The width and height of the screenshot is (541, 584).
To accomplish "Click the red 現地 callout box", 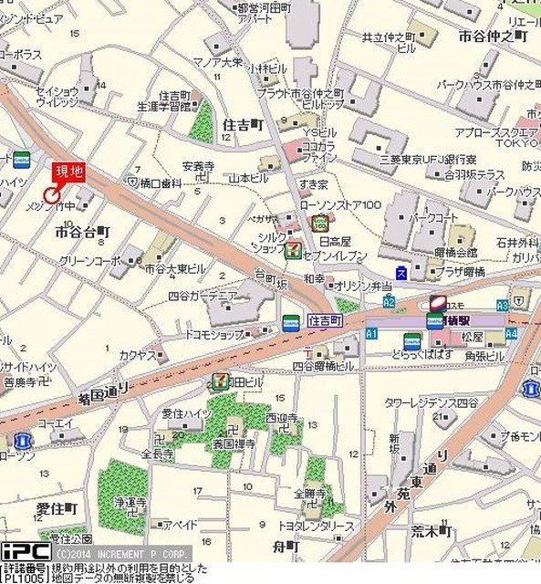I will point(69,172).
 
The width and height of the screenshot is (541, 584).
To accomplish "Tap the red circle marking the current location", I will point(52,193).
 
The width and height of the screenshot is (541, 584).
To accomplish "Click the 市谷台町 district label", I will point(82,233).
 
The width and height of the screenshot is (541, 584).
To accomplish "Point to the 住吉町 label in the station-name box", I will point(324,321).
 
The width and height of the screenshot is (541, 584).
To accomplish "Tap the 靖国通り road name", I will point(102,395).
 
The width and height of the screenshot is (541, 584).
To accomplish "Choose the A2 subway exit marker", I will point(390,301).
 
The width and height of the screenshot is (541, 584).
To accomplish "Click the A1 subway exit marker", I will point(371,335).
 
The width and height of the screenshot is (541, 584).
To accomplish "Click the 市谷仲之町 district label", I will point(493,36).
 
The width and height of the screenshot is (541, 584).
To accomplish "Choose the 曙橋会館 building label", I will point(455,251).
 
